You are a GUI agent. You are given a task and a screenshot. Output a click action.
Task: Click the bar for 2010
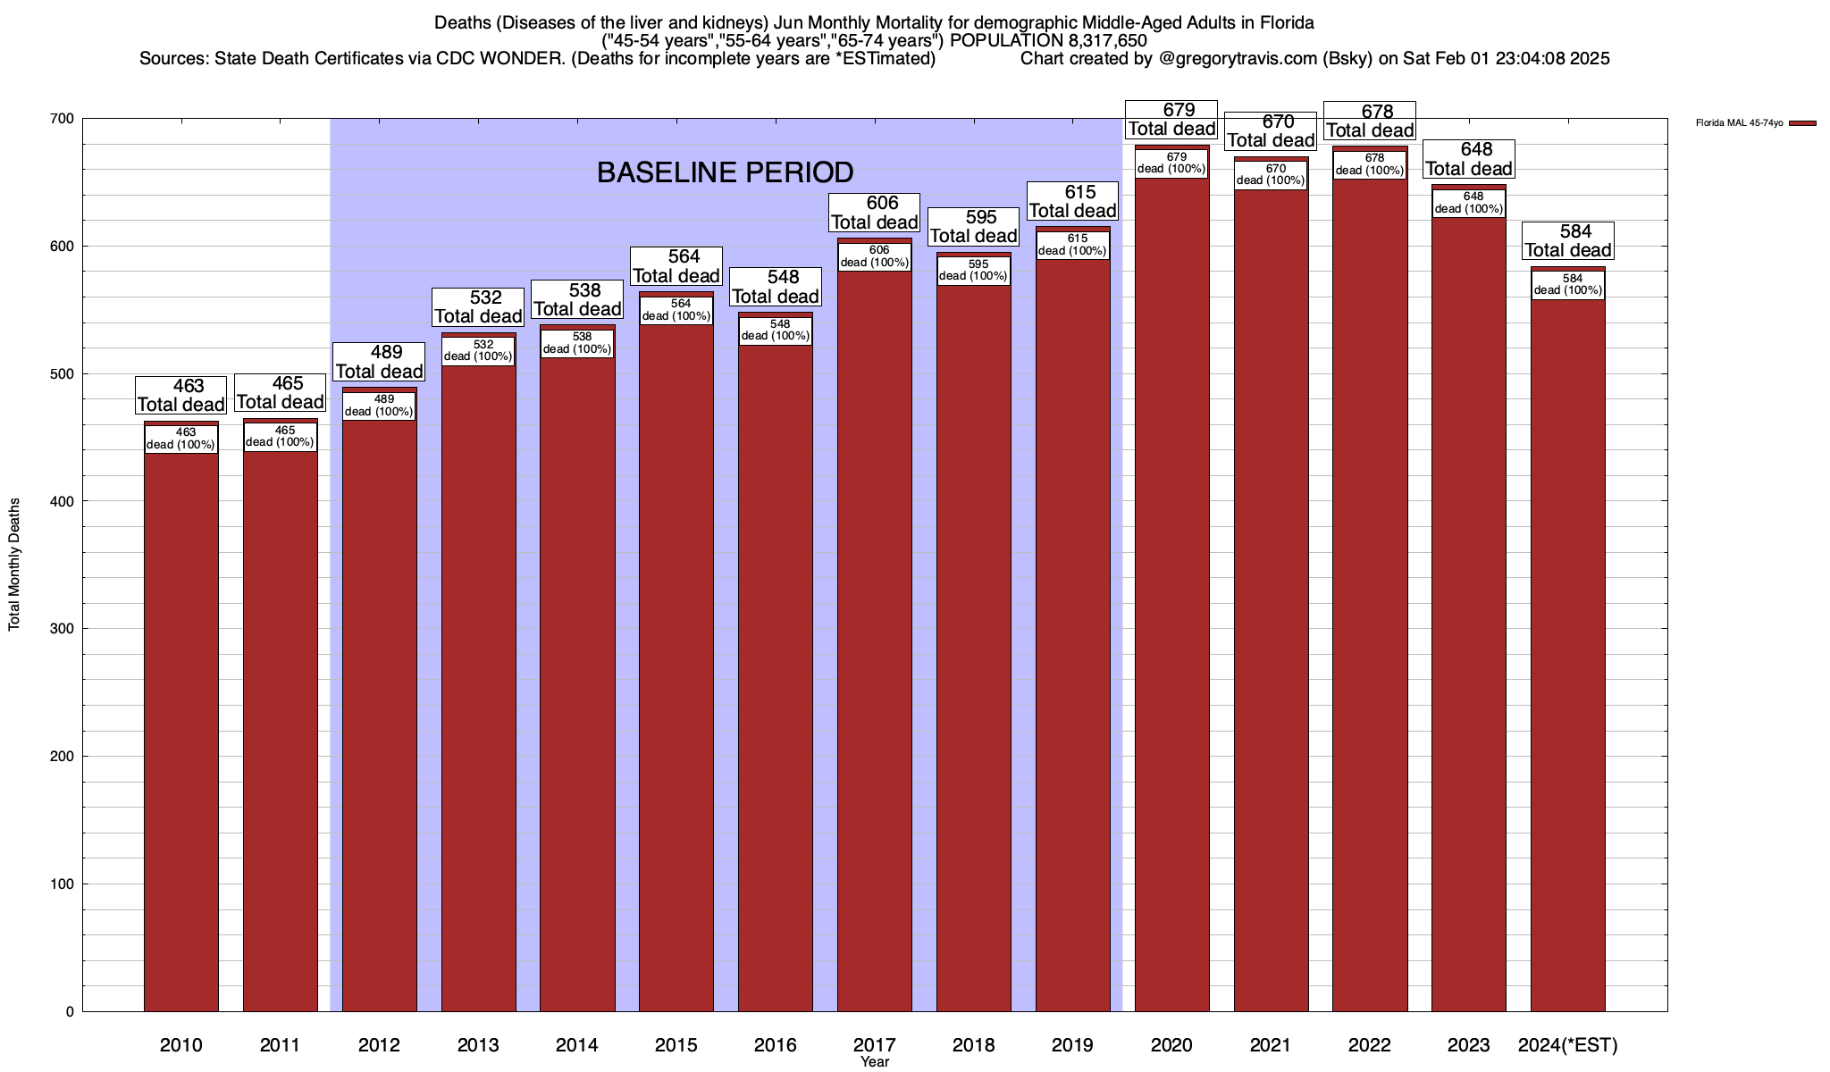(180, 733)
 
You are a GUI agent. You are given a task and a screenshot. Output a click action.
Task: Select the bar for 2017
(874, 643)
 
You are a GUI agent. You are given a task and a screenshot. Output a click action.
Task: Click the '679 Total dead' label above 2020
(1171, 120)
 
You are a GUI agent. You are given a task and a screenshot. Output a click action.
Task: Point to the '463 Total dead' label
(180, 395)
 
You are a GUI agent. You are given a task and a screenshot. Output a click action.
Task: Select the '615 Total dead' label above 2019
(1072, 201)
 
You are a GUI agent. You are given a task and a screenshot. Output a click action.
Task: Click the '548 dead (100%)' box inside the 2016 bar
(776, 331)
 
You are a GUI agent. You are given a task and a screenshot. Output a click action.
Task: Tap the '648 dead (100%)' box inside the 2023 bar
(1469, 203)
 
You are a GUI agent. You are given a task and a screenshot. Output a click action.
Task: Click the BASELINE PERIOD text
(725, 172)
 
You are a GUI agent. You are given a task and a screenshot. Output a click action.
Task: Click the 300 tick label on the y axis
(63, 629)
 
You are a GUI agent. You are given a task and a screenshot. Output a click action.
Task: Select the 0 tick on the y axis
(69, 1012)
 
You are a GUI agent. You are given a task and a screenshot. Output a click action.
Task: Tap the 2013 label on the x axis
(478, 1045)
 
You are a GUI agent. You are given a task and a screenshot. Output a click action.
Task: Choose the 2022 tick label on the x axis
(1370, 1045)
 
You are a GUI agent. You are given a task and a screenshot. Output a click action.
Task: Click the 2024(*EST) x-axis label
(1567, 1045)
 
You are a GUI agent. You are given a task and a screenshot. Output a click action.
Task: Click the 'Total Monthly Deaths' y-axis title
(14, 565)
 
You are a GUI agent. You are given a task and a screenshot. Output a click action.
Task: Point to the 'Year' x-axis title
(875, 1062)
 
